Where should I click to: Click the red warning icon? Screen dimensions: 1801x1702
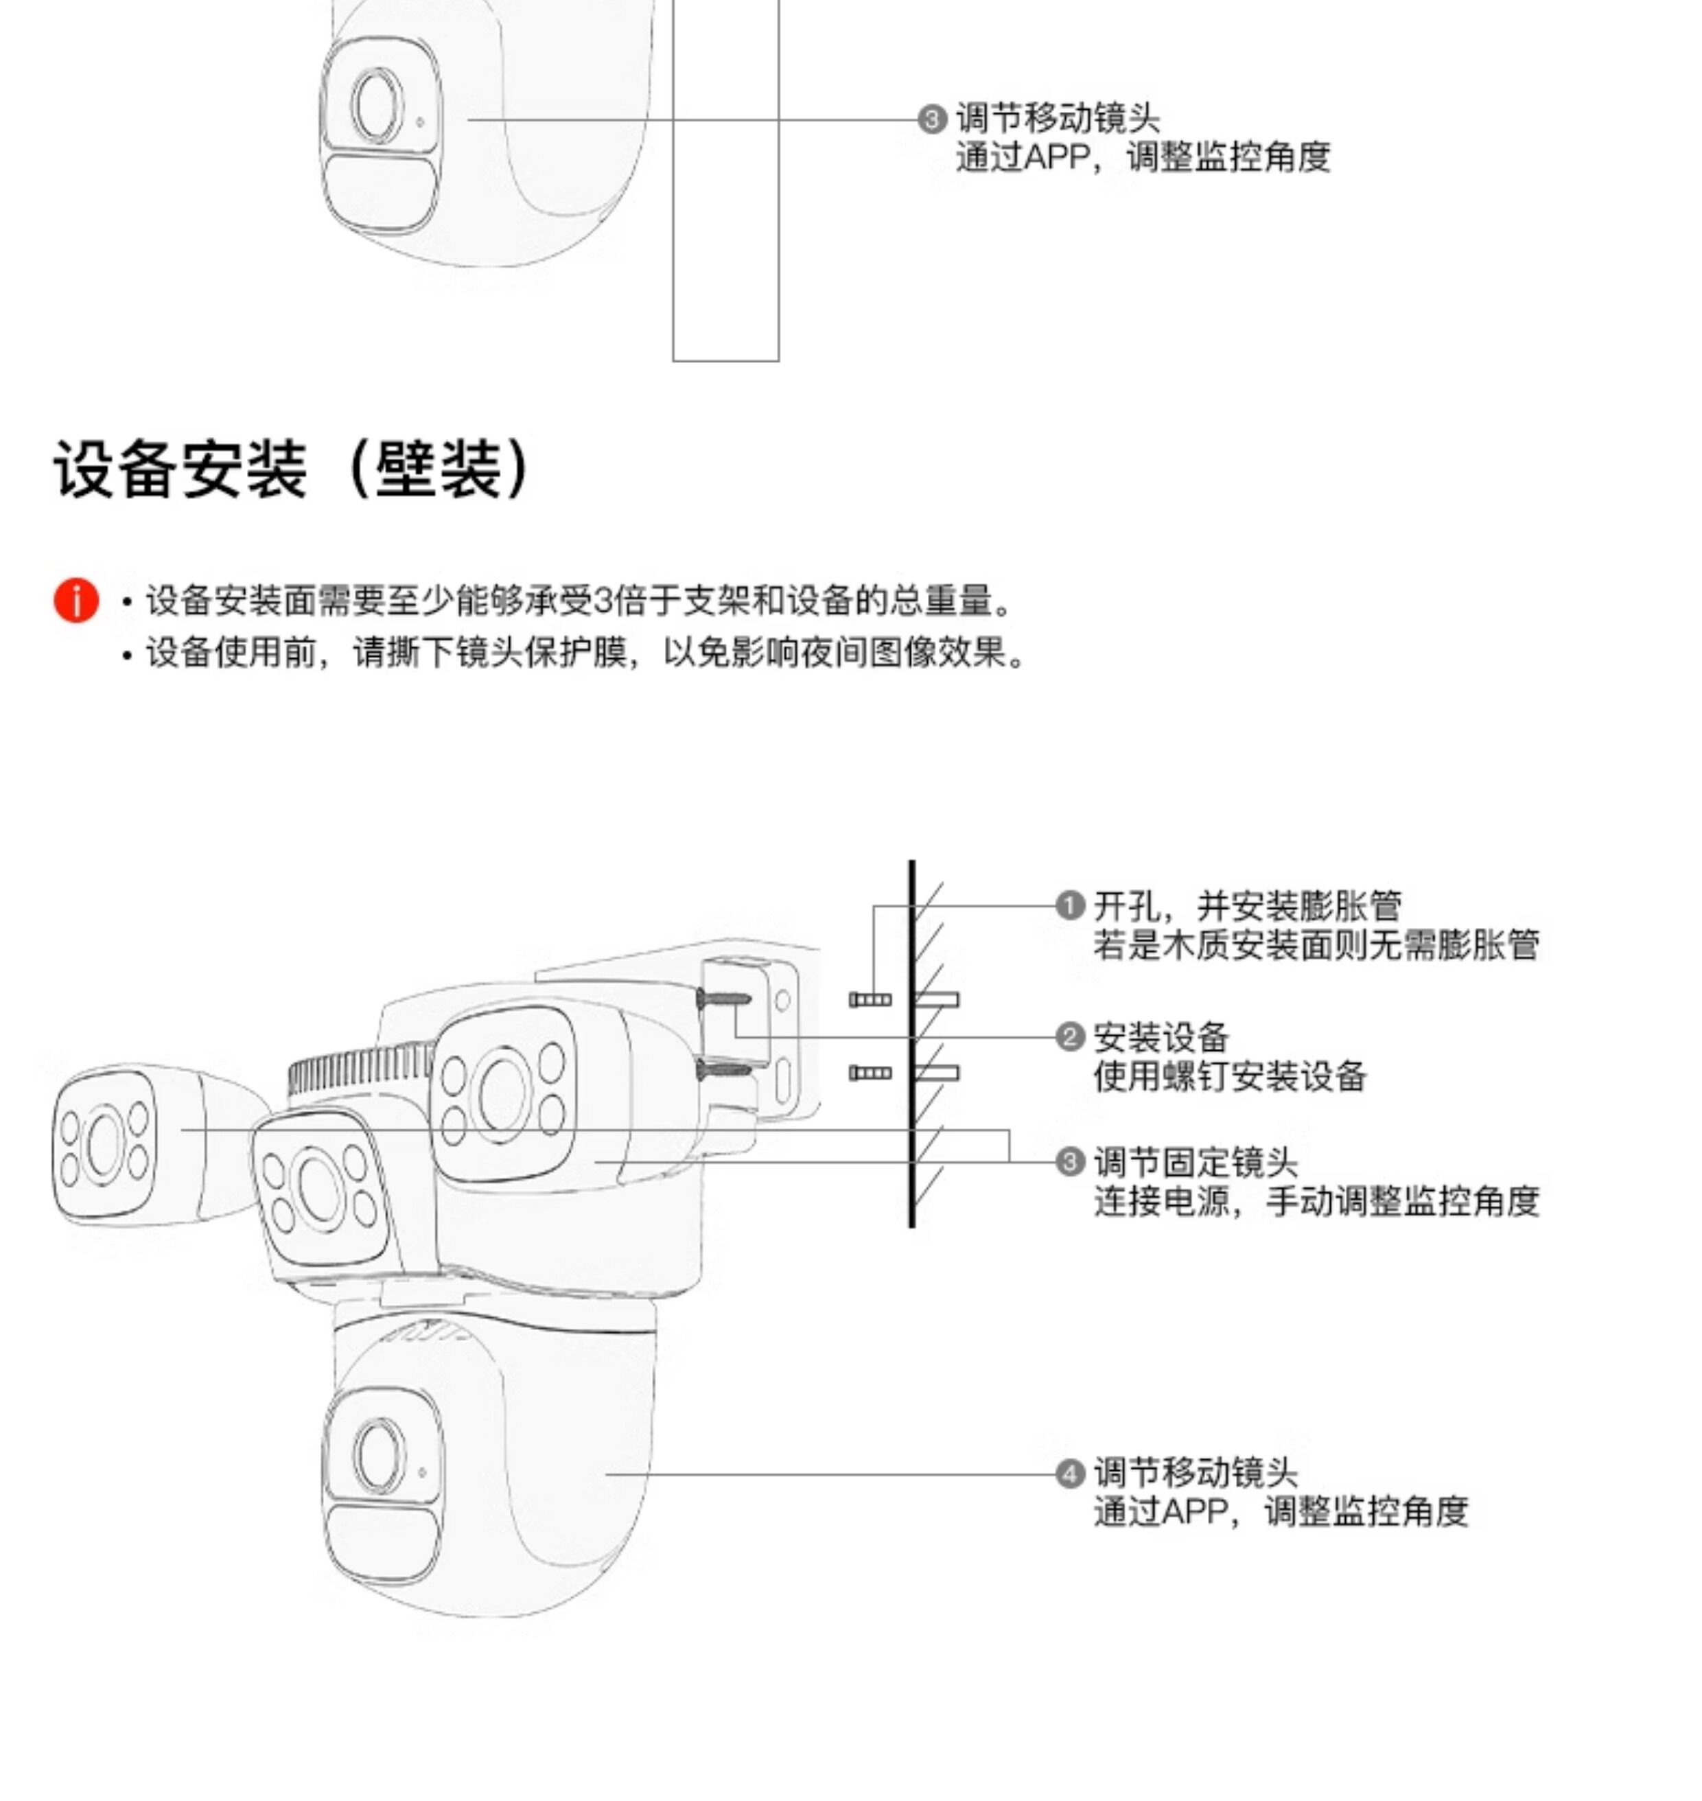(x=76, y=600)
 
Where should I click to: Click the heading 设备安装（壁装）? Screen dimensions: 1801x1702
(x=292, y=469)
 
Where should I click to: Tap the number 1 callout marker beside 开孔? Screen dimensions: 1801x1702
(x=1071, y=905)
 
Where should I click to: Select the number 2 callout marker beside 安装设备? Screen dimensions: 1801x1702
(x=1071, y=1036)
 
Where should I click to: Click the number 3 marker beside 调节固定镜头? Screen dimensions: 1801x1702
(x=1071, y=1161)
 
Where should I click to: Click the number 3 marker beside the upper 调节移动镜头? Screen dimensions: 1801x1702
(x=932, y=119)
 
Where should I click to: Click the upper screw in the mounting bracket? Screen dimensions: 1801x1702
(x=723, y=1000)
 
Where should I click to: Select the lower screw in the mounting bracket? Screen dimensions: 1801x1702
(x=723, y=1070)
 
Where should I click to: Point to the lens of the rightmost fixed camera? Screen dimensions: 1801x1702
(x=502, y=1093)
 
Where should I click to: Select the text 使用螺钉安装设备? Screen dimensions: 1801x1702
(x=1229, y=1076)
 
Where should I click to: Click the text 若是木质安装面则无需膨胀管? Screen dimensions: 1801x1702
(x=1316, y=944)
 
